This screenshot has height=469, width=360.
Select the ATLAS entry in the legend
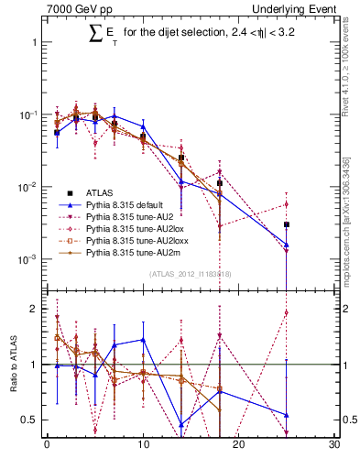pyautogui.click(x=101, y=193)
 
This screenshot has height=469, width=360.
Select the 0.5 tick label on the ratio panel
pyautogui.click(x=29, y=420)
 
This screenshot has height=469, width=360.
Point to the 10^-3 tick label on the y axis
pyautogui.click(x=26, y=259)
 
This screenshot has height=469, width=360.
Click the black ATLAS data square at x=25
pyautogui.click(x=287, y=224)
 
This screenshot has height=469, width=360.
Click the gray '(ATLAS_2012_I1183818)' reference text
pyautogui.click(x=191, y=274)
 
